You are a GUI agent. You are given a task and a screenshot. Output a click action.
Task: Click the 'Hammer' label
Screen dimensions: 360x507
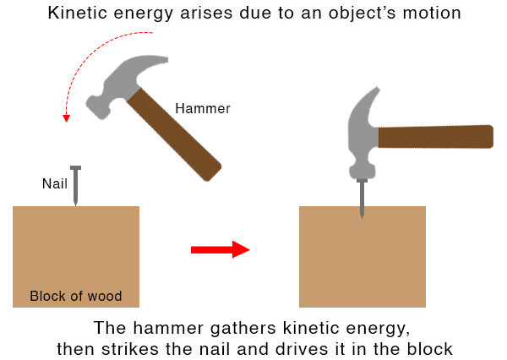pyautogui.click(x=202, y=109)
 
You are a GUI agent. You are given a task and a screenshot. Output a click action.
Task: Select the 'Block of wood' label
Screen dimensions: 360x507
pyautogui.click(x=76, y=296)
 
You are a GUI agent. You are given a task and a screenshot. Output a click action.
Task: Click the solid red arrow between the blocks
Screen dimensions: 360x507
pyautogui.click(x=220, y=248)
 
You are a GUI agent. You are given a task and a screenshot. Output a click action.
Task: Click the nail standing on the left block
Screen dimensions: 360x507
pyautogui.click(x=76, y=188)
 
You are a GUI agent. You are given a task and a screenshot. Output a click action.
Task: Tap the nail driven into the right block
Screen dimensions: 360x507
pyautogui.click(x=362, y=199)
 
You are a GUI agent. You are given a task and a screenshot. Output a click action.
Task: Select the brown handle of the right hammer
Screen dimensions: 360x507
pyautogui.click(x=434, y=137)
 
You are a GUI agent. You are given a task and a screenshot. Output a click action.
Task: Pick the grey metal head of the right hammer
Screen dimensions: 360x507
pyautogui.click(x=363, y=135)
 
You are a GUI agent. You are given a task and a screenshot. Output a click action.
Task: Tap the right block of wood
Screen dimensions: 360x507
pyautogui.click(x=362, y=258)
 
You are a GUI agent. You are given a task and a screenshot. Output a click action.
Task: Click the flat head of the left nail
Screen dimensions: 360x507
pyautogui.click(x=76, y=168)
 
